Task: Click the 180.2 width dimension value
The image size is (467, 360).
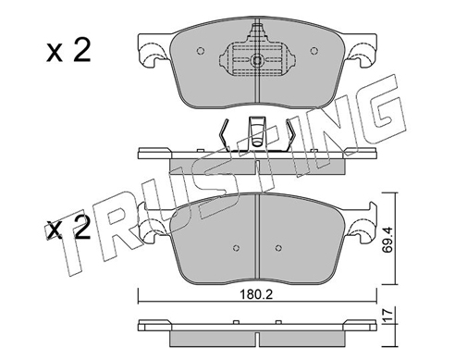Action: [256, 295]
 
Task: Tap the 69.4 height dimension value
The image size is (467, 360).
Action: [387, 240]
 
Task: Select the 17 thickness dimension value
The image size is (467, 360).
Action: [387, 316]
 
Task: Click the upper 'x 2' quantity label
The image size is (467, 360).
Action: [68, 52]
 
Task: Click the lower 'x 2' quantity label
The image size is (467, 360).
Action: [68, 229]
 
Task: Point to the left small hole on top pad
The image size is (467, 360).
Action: [201, 51]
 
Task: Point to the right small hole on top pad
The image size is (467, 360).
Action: [313, 51]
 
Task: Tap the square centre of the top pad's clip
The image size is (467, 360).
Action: [256, 60]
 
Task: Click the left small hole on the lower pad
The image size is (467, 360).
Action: [237, 247]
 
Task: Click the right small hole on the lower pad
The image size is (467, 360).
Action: [278, 247]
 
